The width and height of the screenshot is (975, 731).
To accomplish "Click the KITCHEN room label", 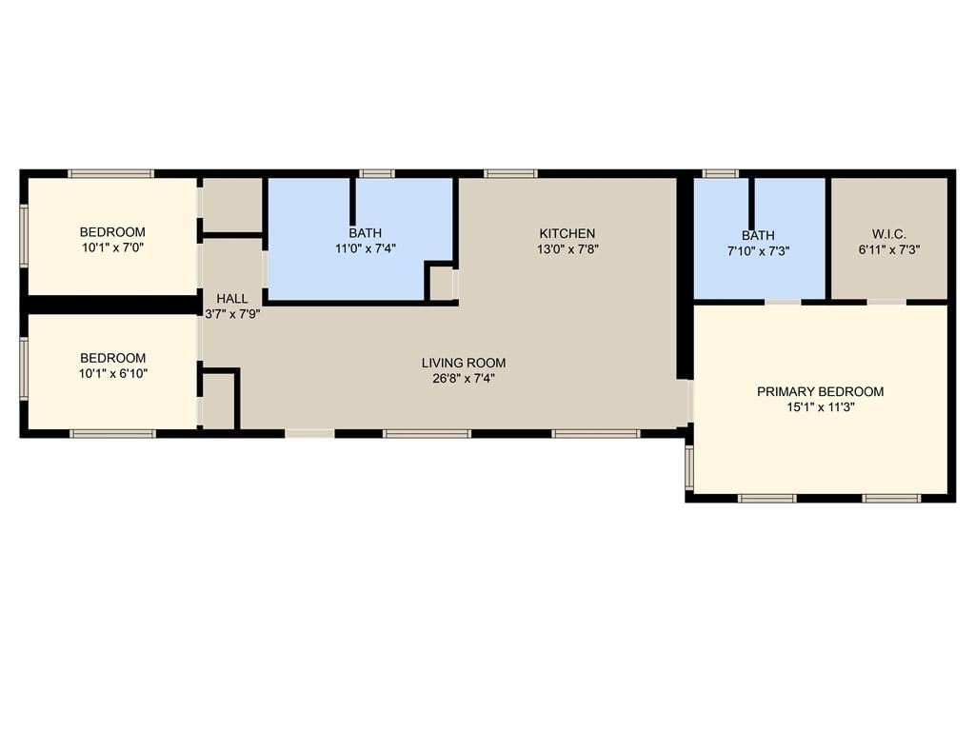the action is (x=567, y=234).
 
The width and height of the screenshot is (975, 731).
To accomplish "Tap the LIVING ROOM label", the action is (x=464, y=363).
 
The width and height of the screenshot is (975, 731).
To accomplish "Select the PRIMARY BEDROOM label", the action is (x=820, y=391).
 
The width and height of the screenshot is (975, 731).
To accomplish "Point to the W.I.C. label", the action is (x=889, y=234).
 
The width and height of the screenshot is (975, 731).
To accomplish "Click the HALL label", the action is (x=232, y=299).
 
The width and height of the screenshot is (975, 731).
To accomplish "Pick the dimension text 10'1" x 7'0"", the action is (x=112, y=248).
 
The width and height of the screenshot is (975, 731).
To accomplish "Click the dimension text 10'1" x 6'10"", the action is (x=112, y=374).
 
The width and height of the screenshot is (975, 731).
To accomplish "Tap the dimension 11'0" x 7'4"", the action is (x=365, y=249).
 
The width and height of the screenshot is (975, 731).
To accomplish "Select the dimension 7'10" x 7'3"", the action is (x=758, y=251).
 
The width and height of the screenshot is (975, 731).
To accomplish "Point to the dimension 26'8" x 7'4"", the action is (x=464, y=379).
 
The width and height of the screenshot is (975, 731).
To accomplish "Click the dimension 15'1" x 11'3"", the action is (x=820, y=407).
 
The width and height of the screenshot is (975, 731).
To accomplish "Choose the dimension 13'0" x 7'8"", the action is (x=567, y=250).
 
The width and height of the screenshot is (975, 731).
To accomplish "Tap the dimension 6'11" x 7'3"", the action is (x=889, y=250).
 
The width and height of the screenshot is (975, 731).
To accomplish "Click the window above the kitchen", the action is (x=510, y=174).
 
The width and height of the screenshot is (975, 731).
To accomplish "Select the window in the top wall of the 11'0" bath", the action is (x=377, y=174).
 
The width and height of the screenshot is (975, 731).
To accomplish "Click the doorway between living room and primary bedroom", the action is (x=689, y=401).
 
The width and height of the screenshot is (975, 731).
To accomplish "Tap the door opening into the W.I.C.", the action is (x=886, y=302).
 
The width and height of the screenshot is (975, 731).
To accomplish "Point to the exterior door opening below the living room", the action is (x=309, y=433).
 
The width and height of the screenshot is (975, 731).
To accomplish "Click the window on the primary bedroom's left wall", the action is (x=689, y=466).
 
